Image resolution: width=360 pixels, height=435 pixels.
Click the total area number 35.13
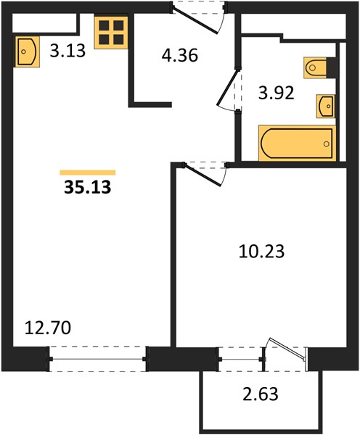(88, 187)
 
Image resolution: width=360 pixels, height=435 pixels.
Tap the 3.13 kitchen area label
(67, 51)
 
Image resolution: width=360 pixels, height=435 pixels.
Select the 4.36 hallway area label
(180, 55)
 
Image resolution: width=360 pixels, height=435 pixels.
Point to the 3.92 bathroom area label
(276, 93)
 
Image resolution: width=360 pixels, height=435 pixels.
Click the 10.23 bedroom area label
(261, 252)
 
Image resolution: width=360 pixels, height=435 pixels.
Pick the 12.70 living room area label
(48, 328)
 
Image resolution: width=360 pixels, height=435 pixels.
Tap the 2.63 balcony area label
(261, 394)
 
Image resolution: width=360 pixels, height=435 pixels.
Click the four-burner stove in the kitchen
(111, 33)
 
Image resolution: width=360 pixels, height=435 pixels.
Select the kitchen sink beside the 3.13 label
(28, 51)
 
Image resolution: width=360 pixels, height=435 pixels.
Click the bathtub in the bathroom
(297, 143)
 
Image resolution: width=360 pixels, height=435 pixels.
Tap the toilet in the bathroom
(317, 67)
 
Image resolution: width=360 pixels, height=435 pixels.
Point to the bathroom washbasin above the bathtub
(326, 107)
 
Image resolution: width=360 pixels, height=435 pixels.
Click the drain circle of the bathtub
(327, 144)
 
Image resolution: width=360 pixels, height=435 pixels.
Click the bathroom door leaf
(228, 88)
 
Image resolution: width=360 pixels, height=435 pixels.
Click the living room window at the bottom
(97, 359)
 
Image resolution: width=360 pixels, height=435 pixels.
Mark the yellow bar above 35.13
(88, 173)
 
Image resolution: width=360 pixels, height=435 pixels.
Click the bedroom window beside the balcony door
(240, 360)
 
